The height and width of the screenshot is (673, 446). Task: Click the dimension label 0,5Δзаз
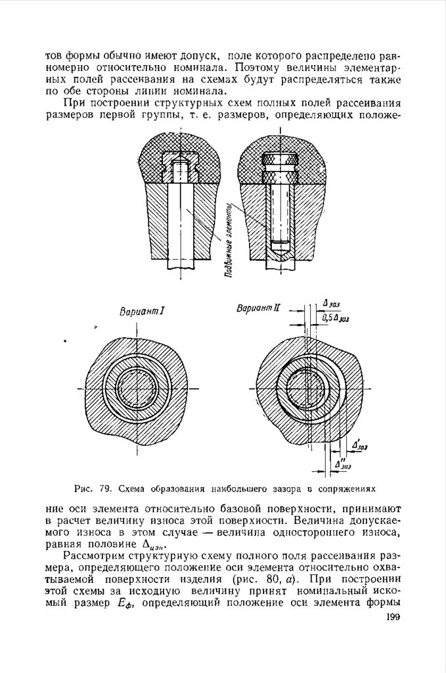335,318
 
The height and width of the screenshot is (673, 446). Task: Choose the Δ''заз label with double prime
344,465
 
